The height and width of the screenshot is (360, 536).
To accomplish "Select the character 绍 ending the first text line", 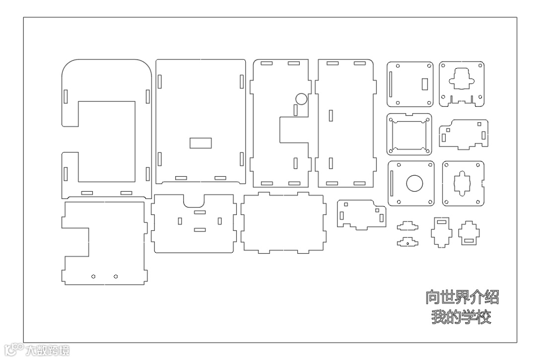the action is tap(491, 297).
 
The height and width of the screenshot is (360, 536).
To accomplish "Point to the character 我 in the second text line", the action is tap(439, 317).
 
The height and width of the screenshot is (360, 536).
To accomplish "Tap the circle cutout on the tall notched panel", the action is tap(301, 98).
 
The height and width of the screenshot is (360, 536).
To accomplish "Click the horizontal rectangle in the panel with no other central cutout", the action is tap(201, 143).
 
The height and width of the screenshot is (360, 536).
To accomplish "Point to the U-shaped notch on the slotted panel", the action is tap(194, 201).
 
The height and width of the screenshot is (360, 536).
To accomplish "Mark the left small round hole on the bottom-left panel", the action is tap(93, 276).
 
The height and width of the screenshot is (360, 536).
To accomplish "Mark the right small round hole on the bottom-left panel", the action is tap(116, 276).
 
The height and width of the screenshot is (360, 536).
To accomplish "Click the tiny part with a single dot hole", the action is tap(407, 242).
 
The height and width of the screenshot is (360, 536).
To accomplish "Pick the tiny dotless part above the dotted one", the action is tap(407, 226).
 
